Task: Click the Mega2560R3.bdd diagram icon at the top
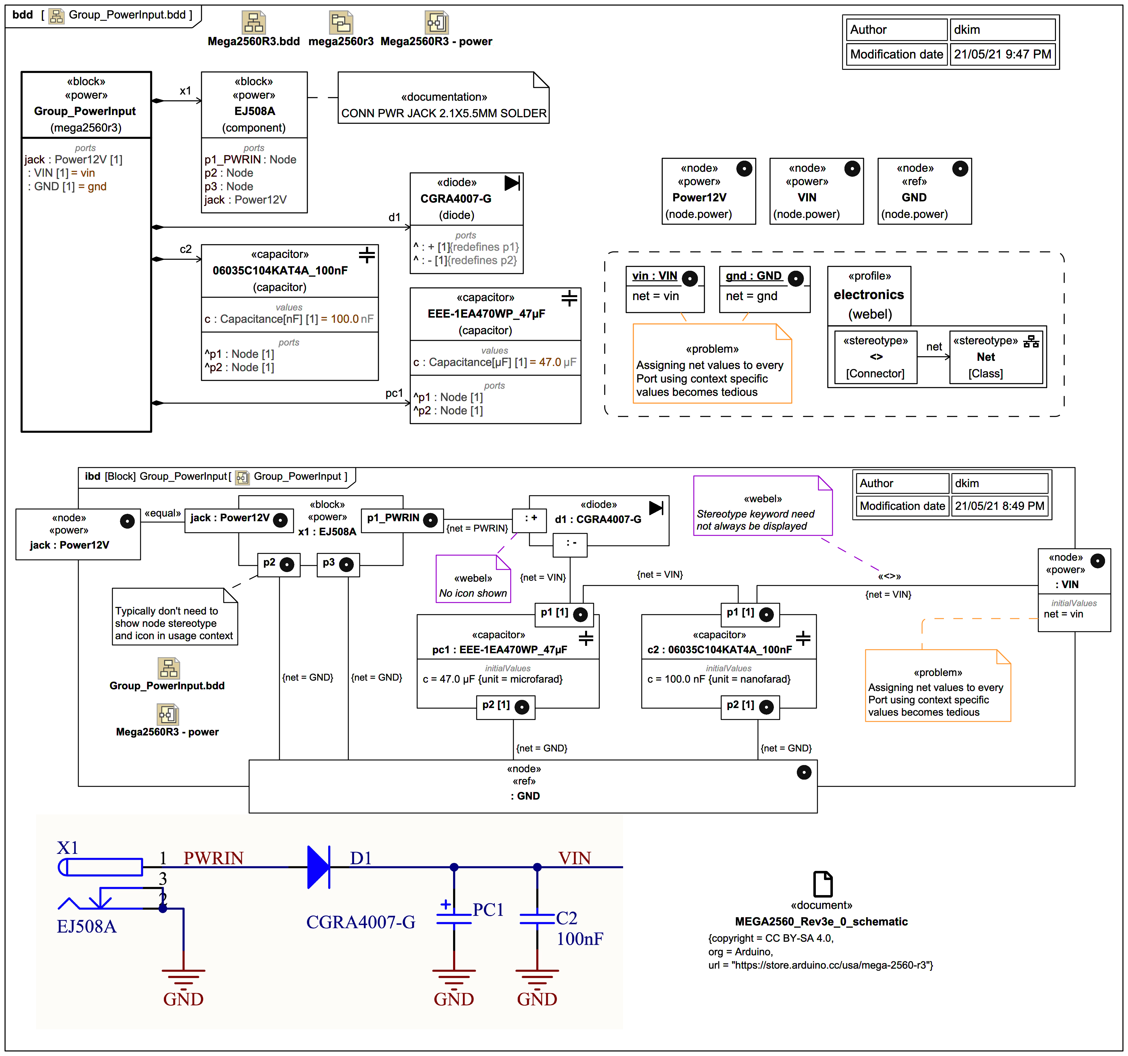click(x=254, y=23)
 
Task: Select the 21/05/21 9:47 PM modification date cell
click(x=1002, y=55)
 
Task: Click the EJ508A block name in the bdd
click(x=254, y=111)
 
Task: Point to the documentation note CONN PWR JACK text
click(x=444, y=113)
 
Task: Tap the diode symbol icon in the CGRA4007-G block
click(x=512, y=183)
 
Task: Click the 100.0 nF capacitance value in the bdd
click(x=352, y=319)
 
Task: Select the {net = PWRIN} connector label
click(x=477, y=528)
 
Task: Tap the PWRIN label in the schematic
click(x=213, y=858)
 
